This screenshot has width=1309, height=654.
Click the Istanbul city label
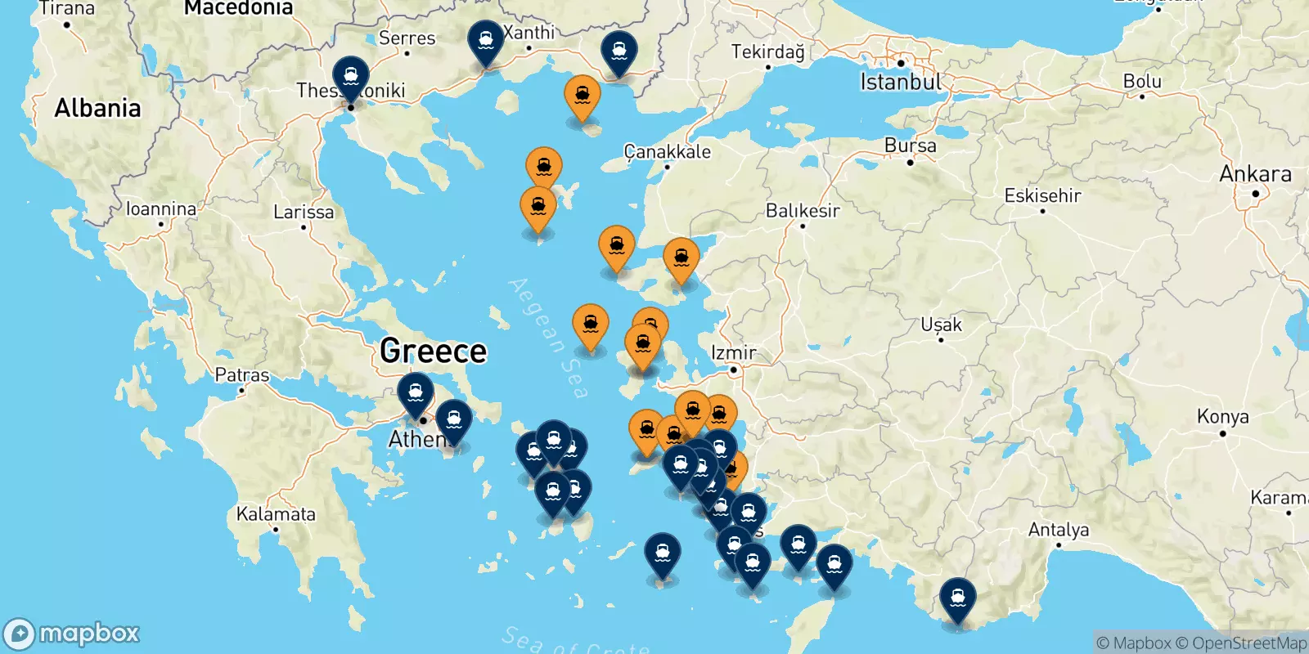point(900,83)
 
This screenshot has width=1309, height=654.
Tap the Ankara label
point(1255,174)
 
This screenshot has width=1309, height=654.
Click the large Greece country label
point(433,352)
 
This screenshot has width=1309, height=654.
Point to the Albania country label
point(97,108)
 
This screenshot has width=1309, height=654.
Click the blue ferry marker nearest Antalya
point(957,599)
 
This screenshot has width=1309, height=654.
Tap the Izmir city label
point(733,353)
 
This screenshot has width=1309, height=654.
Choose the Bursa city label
point(910,146)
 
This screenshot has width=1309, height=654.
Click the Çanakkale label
point(667,152)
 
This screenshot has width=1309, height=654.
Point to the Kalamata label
point(276,514)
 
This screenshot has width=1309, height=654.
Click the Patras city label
point(241,375)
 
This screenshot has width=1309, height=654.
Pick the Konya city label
point(1222,417)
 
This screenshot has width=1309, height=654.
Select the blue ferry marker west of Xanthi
point(486,41)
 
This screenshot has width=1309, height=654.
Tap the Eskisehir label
point(1042,196)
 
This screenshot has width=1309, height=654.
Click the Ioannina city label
point(161,209)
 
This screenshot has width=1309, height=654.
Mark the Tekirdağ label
point(767,52)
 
